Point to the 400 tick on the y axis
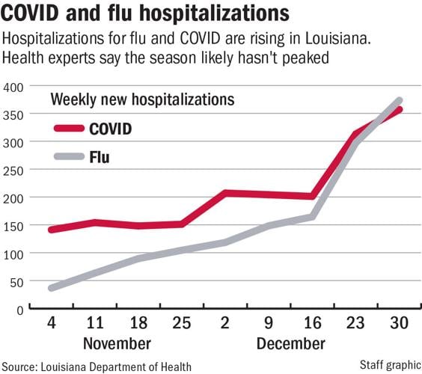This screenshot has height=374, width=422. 14,87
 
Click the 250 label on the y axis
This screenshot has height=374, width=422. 14,171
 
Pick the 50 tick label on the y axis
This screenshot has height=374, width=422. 17,282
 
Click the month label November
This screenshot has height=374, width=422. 116,343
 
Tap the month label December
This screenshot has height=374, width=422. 290,343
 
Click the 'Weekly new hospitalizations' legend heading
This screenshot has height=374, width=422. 141,99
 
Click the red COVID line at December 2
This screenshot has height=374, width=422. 224,193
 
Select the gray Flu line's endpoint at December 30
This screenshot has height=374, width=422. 399,100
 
